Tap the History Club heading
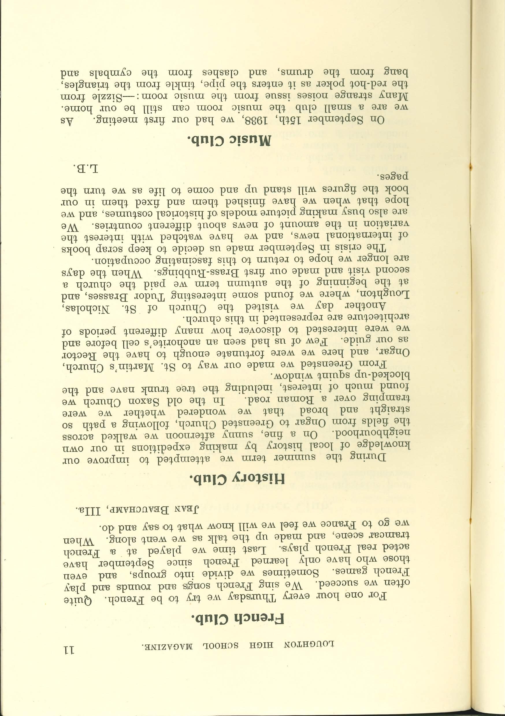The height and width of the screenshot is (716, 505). tap(237, 479)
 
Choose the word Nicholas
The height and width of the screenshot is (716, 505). tap(87, 312)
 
